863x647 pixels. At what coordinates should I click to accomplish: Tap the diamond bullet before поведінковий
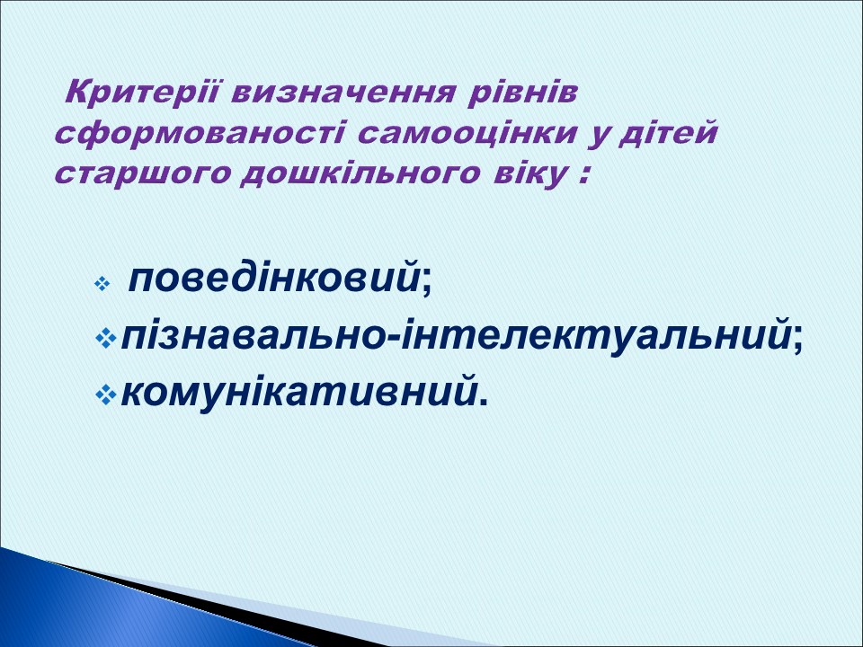point(102,284)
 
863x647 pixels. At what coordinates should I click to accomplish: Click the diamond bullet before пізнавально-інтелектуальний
point(105,340)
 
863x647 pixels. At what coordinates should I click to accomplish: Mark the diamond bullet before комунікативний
point(105,394)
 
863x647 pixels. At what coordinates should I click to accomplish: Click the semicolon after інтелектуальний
point(797,341)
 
